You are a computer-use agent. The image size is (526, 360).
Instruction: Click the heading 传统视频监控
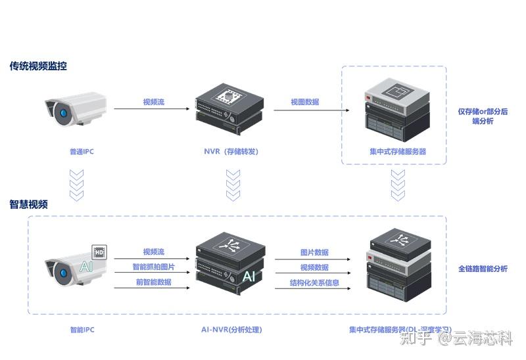(x=38, y=66)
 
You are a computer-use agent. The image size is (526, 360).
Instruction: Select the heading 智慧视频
(x=28, y=204)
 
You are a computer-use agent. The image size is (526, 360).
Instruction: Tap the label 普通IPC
(x=82, y=152)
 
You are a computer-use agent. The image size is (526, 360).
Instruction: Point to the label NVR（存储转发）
(x=231, y=152)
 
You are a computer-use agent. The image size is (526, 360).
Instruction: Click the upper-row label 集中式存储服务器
(x=398, y=152)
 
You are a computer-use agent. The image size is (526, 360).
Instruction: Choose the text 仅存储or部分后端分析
(x=483, y=116)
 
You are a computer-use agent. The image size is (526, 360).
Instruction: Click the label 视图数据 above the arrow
(x=305, y=102)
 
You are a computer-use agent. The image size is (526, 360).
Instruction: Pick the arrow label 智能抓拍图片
(x=154, y=267)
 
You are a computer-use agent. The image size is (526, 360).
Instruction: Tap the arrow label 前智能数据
(x=154, y=282)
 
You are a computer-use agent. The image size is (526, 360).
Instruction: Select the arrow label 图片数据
(x=314, y=252)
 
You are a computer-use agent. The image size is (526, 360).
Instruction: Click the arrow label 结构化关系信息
(x=314, y=283)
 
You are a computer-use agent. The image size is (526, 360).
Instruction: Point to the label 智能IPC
(x=82, y=330)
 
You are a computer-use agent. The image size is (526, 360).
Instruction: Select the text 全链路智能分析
(x=483, y=269)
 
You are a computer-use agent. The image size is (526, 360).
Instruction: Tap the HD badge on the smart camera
(x=99, y=252)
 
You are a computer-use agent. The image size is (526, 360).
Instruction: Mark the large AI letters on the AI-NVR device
(x=249, y=277)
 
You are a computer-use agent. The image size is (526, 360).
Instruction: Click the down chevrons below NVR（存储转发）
(x=233, y=185)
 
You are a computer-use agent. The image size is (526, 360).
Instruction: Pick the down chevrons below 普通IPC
(x=77, y=185)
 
